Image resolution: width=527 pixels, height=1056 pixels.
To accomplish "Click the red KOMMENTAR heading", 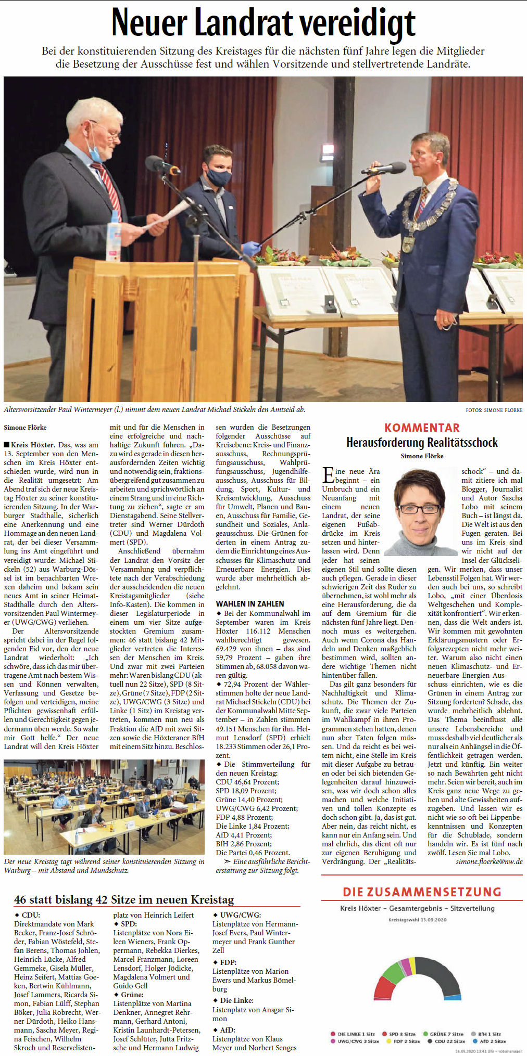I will click(x=422, y=428).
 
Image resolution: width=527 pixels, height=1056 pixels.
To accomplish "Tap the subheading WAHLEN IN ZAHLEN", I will click(x=250, y=603).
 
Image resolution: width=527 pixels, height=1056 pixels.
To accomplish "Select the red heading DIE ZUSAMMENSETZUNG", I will click(x=422, y=892).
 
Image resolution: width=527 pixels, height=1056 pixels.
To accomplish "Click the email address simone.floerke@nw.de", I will click(x=489, y=862).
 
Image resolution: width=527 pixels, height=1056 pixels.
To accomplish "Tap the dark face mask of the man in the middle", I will click(x=219, y=177).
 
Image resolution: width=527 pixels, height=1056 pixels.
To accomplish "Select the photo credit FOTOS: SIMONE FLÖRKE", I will click(x=494, y=410).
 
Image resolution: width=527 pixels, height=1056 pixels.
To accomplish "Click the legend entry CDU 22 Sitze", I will click(x=447, y=1041).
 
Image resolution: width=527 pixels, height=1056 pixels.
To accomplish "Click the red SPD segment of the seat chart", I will click(x=384, y=987).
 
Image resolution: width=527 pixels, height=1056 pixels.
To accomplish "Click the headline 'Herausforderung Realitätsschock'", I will click(x=422, y=443).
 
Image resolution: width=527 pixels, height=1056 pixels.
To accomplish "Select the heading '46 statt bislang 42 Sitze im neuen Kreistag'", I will click(x=124, y=900).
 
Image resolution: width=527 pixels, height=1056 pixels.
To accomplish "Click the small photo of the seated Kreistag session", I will click(x=104, y=807).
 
